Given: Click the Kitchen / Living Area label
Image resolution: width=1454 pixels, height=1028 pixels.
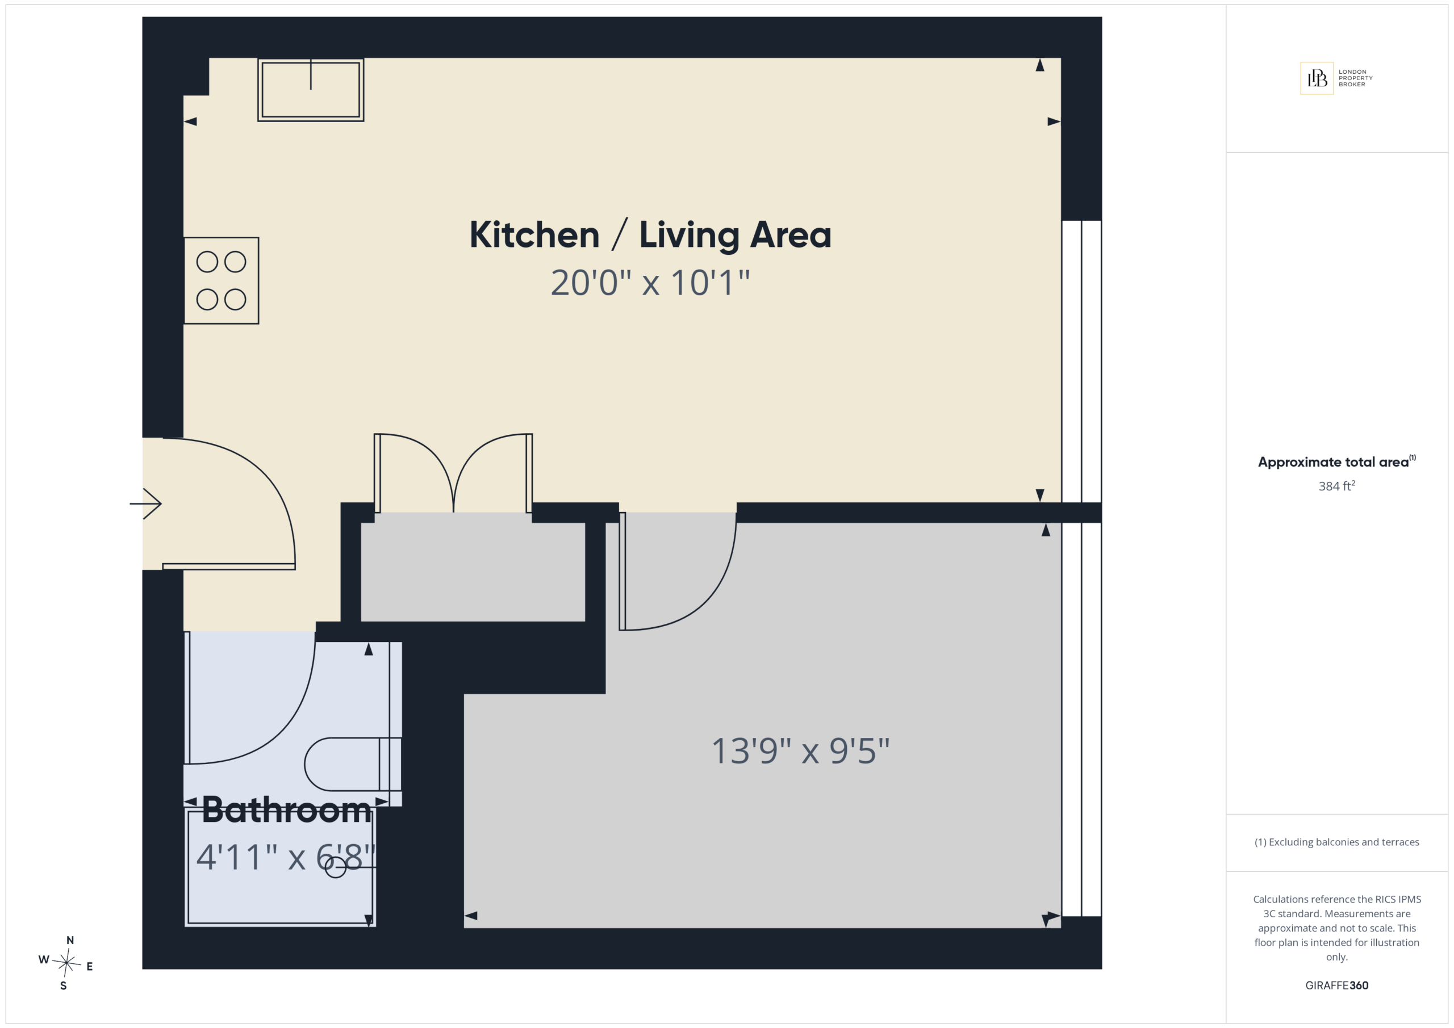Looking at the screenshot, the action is (x=650, y=235).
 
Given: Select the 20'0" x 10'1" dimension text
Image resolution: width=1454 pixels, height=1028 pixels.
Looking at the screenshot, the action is (x=650, y=282).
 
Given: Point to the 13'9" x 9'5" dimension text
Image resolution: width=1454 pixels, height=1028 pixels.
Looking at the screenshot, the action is (x=800, y=751).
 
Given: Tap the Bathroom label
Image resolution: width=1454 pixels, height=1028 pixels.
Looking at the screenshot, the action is (x=287, y=809).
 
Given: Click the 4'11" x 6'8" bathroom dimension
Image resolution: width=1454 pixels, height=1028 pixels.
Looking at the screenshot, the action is (x=286, y=857).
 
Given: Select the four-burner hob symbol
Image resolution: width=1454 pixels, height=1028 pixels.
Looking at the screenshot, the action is (x=221, y=280).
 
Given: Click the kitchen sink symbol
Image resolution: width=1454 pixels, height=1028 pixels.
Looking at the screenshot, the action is (x=311, y=89).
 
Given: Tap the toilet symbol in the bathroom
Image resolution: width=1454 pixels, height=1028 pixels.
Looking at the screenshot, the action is (x=353, y=764).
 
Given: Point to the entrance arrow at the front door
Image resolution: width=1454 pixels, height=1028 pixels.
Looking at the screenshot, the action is (x=145, y=504).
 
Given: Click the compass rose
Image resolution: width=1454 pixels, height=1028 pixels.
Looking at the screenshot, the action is (x=66, y=963).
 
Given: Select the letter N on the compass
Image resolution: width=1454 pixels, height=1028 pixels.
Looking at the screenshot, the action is (x=70, y=940).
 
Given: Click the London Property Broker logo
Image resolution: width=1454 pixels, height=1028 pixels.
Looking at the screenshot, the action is (x=1336, y=78).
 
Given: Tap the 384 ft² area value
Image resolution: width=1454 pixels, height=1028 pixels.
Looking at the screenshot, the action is (x=1337, y=485).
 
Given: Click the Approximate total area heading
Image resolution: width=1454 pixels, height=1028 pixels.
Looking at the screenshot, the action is (x=1336, y=461).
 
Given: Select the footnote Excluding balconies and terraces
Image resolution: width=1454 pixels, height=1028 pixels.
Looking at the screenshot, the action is (x=1337, y=842).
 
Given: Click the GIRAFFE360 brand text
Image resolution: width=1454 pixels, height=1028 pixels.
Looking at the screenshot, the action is (x=1337, y=985).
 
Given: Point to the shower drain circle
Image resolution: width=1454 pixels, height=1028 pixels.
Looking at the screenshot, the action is (x=336, y=867).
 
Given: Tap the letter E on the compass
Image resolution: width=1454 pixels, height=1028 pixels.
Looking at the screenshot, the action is (x=89, y=967).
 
